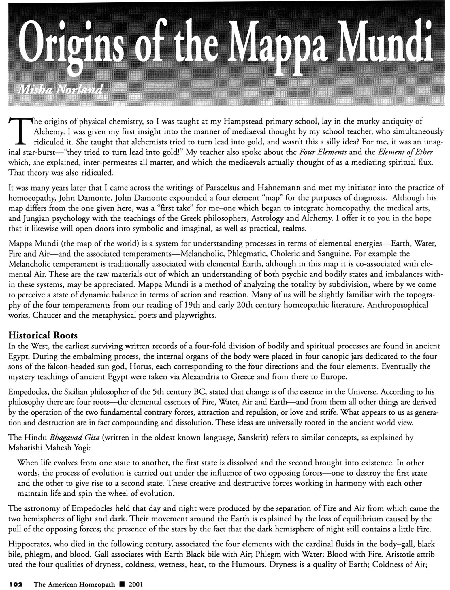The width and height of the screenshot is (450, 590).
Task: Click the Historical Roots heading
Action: [x=43, y=335]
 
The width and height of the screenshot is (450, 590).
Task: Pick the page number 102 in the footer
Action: [x=16, y=585]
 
